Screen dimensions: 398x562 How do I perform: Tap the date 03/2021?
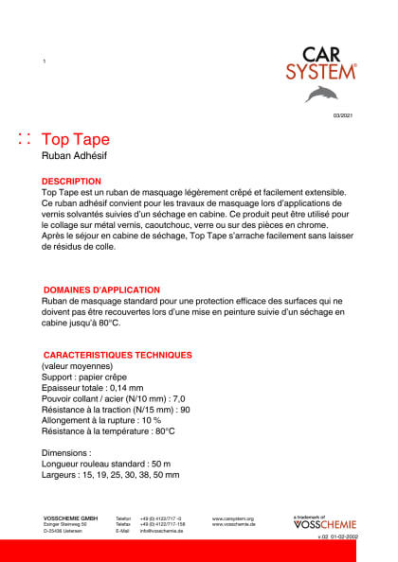point(342,114)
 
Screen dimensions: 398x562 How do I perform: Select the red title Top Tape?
point(76,140)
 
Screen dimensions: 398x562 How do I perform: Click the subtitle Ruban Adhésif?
point(72,157)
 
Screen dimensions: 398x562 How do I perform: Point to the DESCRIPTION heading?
point(71,181)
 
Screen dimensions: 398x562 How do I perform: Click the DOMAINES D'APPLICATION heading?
point(102,290)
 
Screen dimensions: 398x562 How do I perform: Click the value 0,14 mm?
point(126,388)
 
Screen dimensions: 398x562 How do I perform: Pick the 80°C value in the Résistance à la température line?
point(165,430)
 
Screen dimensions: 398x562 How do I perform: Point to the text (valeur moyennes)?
point(77,366)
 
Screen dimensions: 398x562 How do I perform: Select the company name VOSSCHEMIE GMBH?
point(70,518)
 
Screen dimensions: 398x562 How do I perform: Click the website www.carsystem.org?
point(231,518)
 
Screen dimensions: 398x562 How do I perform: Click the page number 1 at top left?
point(44,61)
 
